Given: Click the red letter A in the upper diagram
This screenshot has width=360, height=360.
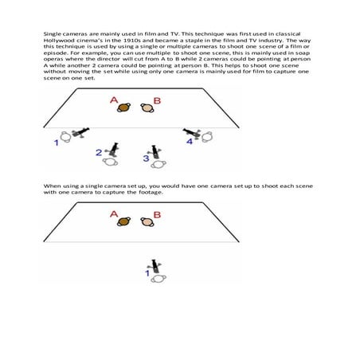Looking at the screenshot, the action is [114, 100].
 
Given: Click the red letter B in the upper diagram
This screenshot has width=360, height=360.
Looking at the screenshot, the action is [157, 100].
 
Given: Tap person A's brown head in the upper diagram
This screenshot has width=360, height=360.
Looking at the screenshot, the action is [124, 107].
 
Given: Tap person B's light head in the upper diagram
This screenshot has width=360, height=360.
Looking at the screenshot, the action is [147, 107].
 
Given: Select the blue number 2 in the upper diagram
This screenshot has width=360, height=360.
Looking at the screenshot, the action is [98, 151].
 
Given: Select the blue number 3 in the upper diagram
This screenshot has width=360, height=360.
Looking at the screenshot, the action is [146, 158].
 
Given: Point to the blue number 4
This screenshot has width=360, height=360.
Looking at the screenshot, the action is [190, 141].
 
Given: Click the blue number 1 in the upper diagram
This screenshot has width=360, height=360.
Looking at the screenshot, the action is [57, 143].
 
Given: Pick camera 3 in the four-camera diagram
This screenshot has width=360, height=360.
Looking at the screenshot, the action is [157, 151].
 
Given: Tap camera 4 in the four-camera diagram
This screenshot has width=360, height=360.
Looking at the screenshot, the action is [191, 133].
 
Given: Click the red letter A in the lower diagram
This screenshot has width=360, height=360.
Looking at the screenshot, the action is [114, 214].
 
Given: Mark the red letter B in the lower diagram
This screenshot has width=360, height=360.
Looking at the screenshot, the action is [157, 214].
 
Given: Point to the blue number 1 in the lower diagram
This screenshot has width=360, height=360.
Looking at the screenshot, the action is [147, 273].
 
